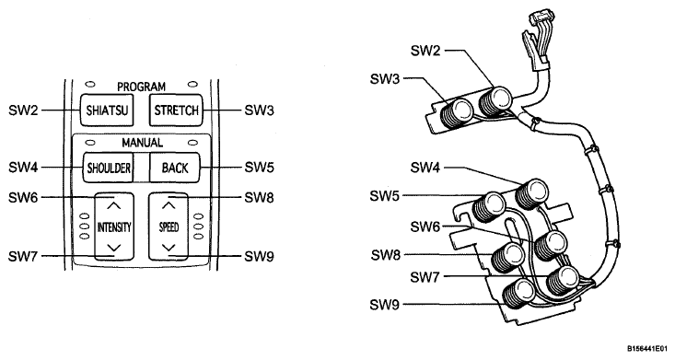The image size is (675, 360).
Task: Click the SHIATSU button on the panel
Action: click(107, 110)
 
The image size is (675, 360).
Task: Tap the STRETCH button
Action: click(176, 110)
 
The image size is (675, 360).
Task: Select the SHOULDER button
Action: click(109, 168)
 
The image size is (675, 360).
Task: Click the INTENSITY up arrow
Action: click(113, 206)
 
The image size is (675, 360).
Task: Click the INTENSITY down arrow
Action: click(113, 248)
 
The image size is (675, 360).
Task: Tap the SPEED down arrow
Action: click(169, 248)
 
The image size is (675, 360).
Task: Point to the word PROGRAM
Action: click(141, 87)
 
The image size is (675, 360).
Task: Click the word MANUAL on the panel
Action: click(142, 143)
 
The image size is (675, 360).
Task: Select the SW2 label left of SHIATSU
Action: click(23, 110)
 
